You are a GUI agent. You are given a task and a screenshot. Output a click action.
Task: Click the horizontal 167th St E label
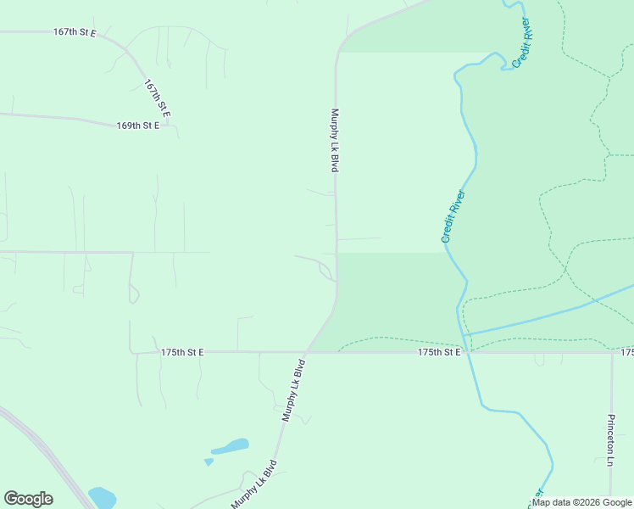[x=75, y=32]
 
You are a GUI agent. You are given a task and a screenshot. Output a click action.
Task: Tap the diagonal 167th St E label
[x=158, y=98]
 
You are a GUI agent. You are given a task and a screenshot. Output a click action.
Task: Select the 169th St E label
[x=138, y=126]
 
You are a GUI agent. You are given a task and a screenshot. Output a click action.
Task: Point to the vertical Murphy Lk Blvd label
[x=335, y=141]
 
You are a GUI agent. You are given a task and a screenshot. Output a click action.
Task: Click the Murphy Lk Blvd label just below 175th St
[x=293, y=390]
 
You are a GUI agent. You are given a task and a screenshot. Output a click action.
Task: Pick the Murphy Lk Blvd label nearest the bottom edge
[x=254, y=484]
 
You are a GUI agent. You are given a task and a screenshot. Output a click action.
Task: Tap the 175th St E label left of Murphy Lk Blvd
[x=182, y=352]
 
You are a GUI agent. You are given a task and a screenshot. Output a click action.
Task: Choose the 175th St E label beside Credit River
[x=439, y=352]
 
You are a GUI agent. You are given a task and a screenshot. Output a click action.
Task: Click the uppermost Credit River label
[x=521, y=42]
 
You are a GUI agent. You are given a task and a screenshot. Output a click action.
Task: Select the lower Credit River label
[x=453, y=216]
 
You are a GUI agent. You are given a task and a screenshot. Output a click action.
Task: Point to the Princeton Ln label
[x=610, y=441]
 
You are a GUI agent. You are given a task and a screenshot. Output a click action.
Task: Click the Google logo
[x=28, y=499]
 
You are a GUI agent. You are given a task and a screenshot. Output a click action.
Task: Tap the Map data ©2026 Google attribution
[x=581, y=502]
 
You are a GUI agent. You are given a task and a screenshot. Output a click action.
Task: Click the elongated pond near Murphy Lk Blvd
[x=230, y=446]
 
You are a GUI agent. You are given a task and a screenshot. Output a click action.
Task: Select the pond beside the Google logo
[x=102, y=497]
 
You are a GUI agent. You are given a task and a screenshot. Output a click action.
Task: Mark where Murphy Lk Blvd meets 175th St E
[x=307, y=351]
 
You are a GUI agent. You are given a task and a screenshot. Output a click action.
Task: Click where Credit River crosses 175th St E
[x=466, y=351]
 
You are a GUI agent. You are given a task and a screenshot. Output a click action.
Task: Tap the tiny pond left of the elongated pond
[x=209, y=461]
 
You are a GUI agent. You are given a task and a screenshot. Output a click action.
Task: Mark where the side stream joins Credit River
[x=463, y=335]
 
